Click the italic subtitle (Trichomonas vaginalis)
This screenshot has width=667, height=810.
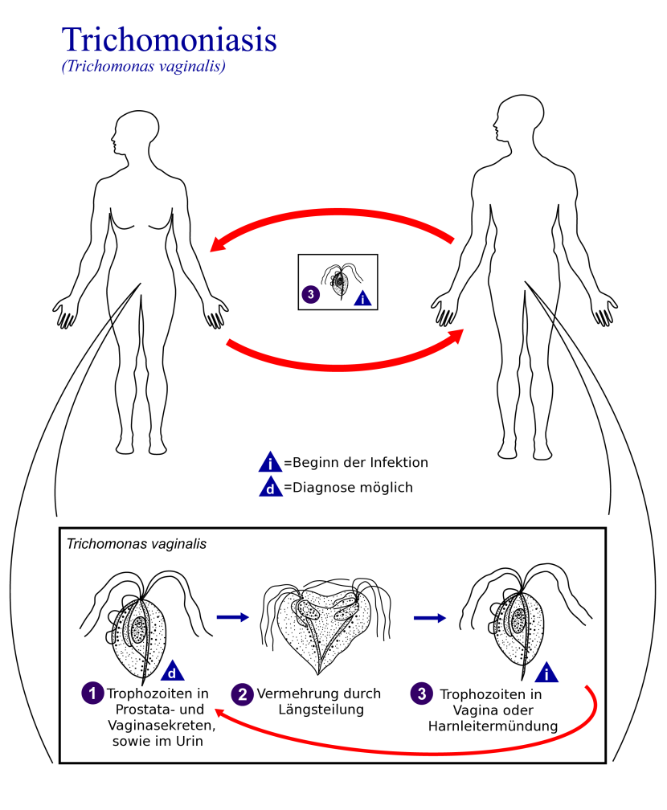[x=143, y=67]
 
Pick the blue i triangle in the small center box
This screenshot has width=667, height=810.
[x=364, y=298]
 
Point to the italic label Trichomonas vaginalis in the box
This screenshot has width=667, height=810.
[x=137, y=544]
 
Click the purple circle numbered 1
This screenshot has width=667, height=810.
[x=93, y=693]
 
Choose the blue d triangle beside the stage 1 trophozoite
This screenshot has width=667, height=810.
[x=173, y=672]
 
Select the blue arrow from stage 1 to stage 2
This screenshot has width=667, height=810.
[x=234, y=617]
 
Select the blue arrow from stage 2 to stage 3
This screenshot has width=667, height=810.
[x=431, y=617]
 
